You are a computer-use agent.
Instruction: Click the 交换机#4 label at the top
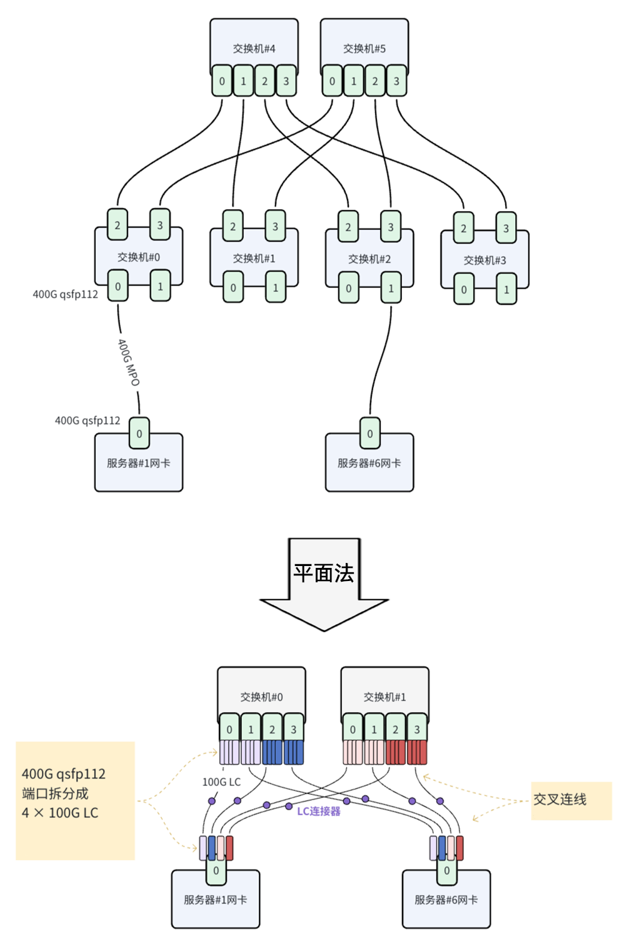pyautogui.click(x=254, y=49)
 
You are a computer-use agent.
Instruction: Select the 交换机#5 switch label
pyautogui.click(x=364, y=49)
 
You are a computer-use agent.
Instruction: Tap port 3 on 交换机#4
pyautogui.click(x=286, y=81)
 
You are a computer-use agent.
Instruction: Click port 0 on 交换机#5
pyautogui.click(x=332, y=81)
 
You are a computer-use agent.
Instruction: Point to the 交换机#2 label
pyautogui.click(x=369, y=259)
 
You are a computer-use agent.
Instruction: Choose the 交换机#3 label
pyautogui.click(x=484, y=260)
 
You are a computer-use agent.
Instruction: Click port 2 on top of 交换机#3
pyautogui.click(x=463, y=228)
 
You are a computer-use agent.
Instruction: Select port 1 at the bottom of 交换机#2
pyautogui.click(x=391, y=288)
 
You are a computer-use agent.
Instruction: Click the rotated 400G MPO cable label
pyautogui.click(x=129, y=362)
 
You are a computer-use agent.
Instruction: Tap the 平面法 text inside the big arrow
pyautogui.click(x=324, y=573)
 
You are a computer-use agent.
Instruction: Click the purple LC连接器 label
pyautogui.click(x=318, y=811)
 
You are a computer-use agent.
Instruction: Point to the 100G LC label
pyautogui.click(x=221, y=782)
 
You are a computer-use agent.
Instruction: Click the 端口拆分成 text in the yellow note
pyautogui.click(x=56, y=793)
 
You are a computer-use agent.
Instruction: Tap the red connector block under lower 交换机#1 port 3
pyautogui.click(x=417, y=752)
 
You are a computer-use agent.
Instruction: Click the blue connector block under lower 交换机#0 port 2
pyautogui.click(x=272, y=752)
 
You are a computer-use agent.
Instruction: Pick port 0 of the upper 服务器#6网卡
pyautogui.click(x=369, y=434)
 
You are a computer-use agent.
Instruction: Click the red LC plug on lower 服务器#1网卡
pyautogui.click(x=229, y=848)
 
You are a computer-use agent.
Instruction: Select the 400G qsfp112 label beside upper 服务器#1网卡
pyautogui.click(x=88, y=420)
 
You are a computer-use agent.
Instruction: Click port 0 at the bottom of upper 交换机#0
pyautogui.click(x=118, y=286)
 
